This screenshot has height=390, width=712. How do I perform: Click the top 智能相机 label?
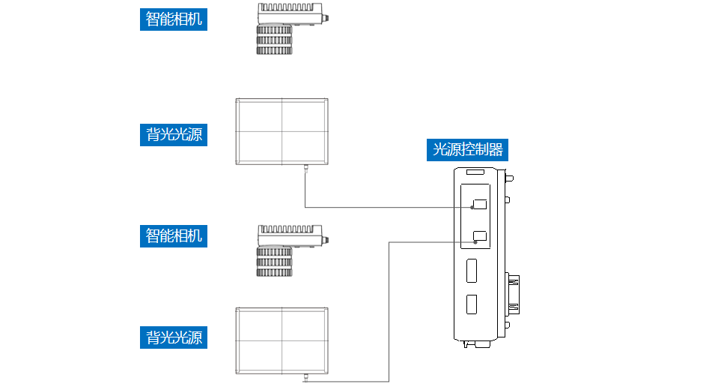click(174, 19)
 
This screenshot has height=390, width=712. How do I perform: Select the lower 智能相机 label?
click(174, 235)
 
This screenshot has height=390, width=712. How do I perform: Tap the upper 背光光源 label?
click(174, 134)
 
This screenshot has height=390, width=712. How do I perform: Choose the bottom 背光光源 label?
click(174, 337)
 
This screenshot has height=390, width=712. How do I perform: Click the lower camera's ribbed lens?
click(273, 262)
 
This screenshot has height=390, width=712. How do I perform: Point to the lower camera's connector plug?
click(325, 240)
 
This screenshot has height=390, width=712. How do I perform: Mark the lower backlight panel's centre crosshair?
click(282, 340)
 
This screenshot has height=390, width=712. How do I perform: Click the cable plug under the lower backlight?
click(305, 379)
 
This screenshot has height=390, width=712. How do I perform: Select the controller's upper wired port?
click(480, 204)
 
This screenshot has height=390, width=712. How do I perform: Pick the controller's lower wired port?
click(480, 238)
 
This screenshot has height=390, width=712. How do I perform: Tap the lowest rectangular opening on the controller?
click(472, 304)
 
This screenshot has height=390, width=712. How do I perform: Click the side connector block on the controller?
click(514, 293)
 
